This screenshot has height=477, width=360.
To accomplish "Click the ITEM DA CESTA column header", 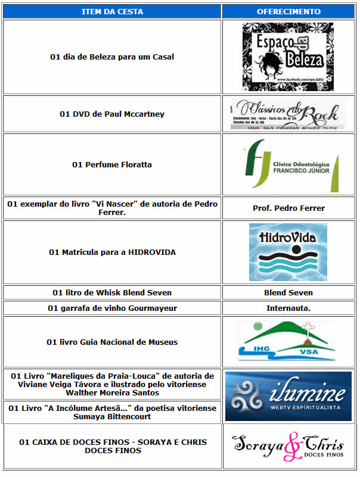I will tap(112, 11).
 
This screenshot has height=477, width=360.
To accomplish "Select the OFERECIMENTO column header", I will tap(288, 11).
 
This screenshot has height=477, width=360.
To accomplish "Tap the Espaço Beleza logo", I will tap(288, 57).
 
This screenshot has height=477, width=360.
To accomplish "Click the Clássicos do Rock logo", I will tap(288, 114).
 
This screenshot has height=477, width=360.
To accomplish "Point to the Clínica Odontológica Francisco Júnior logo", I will tap(291, 166).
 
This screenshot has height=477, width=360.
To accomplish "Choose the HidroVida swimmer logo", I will tap(288, 252).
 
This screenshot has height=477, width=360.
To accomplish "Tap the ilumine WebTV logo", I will tap(288, 396).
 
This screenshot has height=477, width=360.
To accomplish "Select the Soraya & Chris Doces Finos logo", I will tap(288, 447).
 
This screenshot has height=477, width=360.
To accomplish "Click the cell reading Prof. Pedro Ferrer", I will tap(288, 208).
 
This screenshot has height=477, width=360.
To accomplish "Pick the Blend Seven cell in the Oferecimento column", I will tap(288, 292).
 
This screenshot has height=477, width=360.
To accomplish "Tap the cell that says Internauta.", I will tap(288, 308).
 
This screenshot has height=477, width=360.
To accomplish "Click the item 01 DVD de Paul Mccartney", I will tap(112, 114).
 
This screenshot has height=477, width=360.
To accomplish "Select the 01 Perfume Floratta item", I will tap(112, 164).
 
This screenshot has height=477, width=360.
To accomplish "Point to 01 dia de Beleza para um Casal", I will tap(112, 57).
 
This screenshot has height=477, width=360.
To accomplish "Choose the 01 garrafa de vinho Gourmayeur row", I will tap(112, 308).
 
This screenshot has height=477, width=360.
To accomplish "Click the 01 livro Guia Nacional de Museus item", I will tap(112, 342).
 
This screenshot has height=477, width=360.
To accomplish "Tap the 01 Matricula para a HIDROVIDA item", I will tap(112, 252).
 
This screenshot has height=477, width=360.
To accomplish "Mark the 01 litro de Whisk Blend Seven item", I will tap(112, 292).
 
